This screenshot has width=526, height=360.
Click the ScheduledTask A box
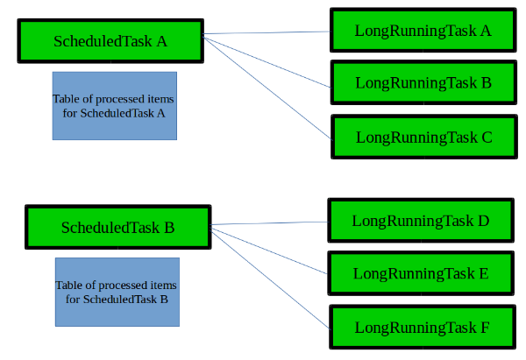click(x=110, y=41)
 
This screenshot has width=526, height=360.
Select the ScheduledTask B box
click(x=118, y=227)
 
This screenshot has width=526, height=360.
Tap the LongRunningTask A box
click(x=423, y=30)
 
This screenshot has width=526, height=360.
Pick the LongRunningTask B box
click(x=423, y=82)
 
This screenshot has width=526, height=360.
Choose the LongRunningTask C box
click(x=424, y=137)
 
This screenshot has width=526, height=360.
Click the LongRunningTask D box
click(x=421, y=220)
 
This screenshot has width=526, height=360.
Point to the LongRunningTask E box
click(x=421, y=273)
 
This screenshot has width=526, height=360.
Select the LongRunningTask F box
click(x=423, y=327)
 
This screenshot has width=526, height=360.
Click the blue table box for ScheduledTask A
click(x=115, y=106)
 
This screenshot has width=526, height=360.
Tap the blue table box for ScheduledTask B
click(x=117, y=292)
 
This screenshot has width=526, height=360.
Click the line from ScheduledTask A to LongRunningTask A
click(x=267, y=32)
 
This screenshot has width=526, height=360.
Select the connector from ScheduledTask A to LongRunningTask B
click(x=267, y=62)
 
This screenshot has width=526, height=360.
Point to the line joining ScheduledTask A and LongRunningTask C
click(x=267, y=88)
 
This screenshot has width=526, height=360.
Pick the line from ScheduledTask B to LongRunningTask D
click(x=269, y=222)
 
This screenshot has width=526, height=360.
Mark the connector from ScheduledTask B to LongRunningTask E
click(x=269, y=251)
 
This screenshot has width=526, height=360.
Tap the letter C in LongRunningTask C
click(x=487, y=138)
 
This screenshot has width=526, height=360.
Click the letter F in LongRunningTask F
click(x=485, y=328)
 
